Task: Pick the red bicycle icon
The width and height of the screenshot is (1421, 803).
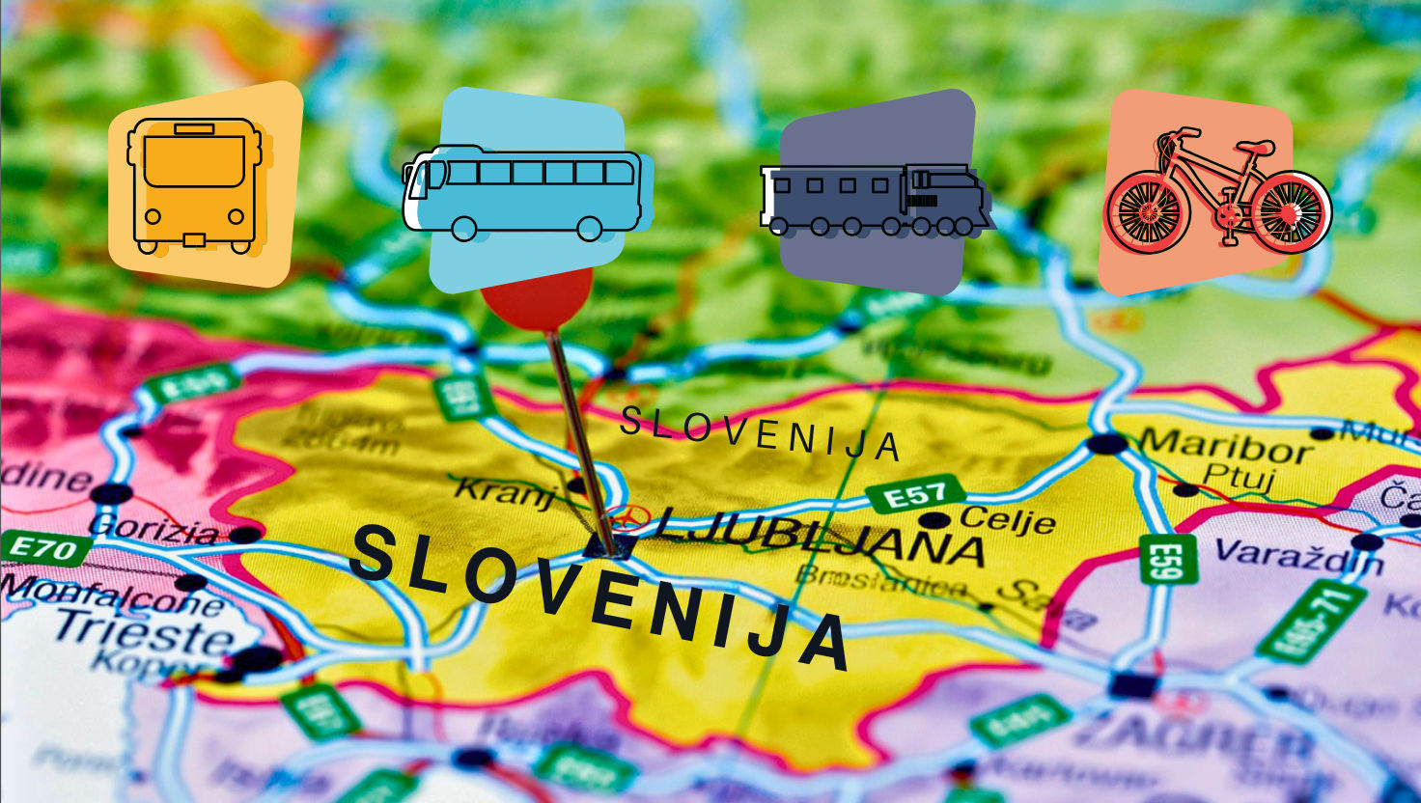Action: (1216, 193)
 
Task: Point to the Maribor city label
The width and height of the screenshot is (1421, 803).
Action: (1224, 447)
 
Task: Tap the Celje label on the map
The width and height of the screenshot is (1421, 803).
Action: (1007, 519)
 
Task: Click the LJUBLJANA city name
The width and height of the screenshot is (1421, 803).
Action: (821, 535)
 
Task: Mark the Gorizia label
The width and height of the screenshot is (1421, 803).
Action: (154, 529)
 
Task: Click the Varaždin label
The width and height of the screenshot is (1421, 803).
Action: (1297, 557)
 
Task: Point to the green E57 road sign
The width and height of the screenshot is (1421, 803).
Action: (914, 495)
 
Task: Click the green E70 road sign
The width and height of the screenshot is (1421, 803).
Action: (43, 549)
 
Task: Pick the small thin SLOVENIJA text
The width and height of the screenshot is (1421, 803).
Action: (760, 433)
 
